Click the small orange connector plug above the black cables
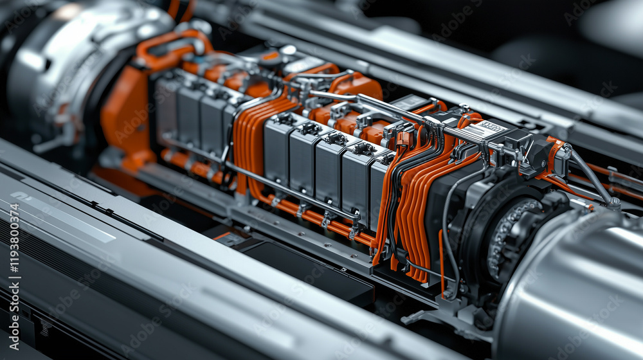(404, 138)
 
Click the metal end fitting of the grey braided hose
(614, 203)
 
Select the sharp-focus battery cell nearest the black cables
(379, 186)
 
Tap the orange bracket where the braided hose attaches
(553, 154)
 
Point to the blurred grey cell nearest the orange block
(167, 106)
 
